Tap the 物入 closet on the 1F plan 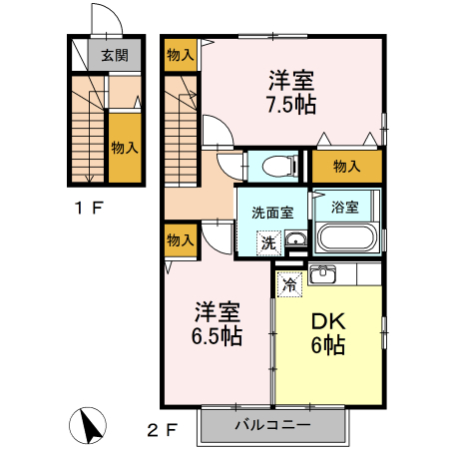125,148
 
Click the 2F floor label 162,431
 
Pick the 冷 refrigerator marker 289,283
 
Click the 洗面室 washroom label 271,211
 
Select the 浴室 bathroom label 345,207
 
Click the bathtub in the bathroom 345,239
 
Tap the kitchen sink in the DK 322,274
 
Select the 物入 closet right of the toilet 346,167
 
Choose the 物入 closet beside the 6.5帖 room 181,240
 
